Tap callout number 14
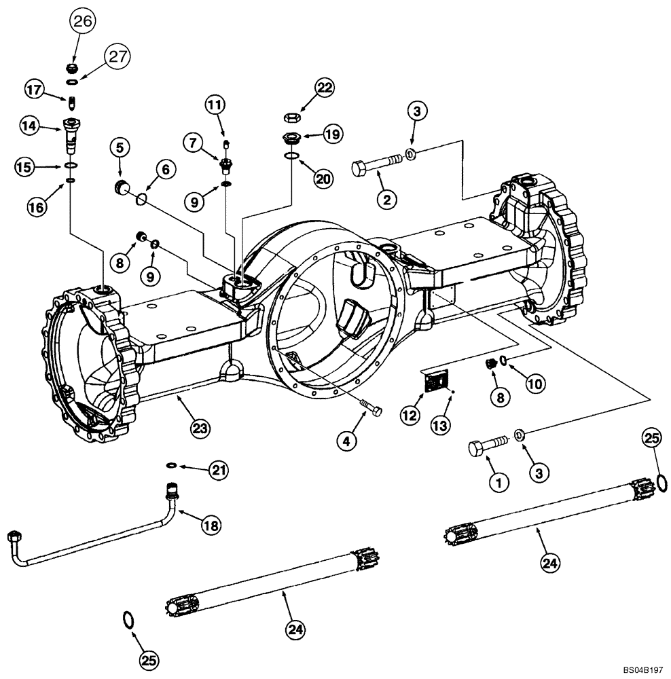[30, 125]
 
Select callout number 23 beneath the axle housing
[200, 428]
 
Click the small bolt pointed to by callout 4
[371, 409]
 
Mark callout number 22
[325, 87]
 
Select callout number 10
[536, 384]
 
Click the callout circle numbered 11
[215, 105]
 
